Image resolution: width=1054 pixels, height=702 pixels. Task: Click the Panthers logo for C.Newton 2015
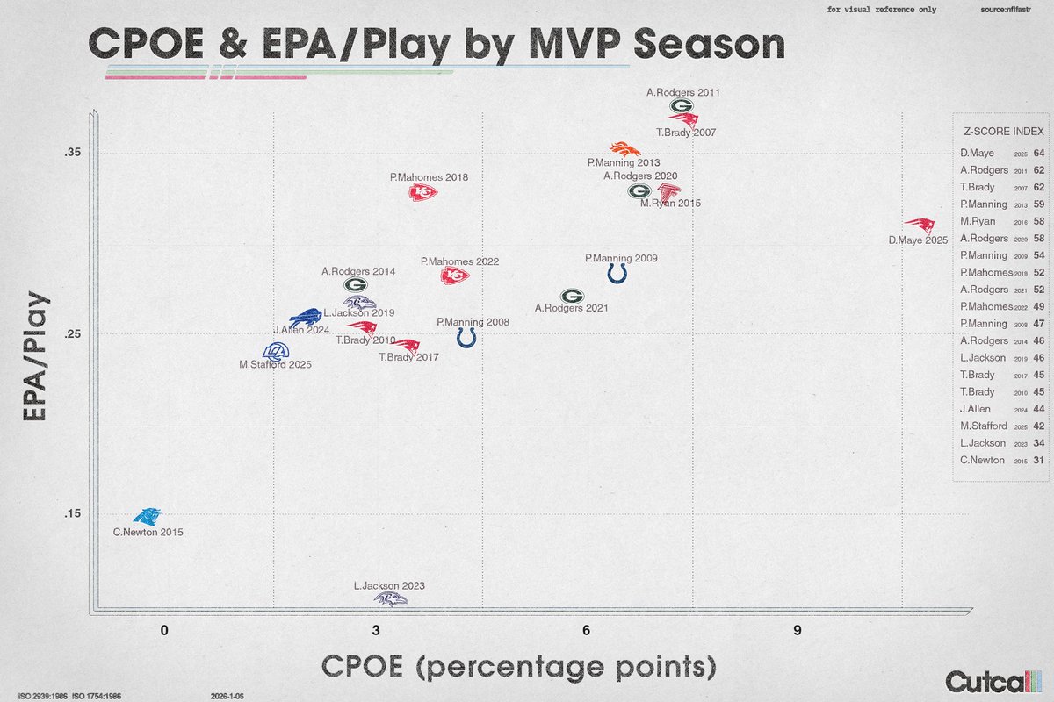146,518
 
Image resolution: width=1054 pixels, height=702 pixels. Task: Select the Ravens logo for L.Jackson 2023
391,599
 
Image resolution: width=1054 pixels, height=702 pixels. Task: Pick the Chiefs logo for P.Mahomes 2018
422,193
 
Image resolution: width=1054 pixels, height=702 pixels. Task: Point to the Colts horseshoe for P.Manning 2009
617,274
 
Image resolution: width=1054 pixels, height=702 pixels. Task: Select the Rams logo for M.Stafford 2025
276,351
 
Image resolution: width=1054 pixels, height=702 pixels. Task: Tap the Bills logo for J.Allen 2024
307,318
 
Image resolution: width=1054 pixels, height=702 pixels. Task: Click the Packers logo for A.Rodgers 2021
572,297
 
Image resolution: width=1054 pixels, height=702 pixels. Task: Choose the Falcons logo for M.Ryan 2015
668,190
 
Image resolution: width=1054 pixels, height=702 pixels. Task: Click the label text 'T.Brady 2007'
687,133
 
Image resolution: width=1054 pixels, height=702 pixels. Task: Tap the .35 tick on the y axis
72,153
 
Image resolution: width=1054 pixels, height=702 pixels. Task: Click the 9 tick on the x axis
797,630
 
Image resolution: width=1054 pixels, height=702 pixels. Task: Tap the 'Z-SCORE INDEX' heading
1003,132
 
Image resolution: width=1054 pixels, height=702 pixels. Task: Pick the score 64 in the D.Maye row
1038,153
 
